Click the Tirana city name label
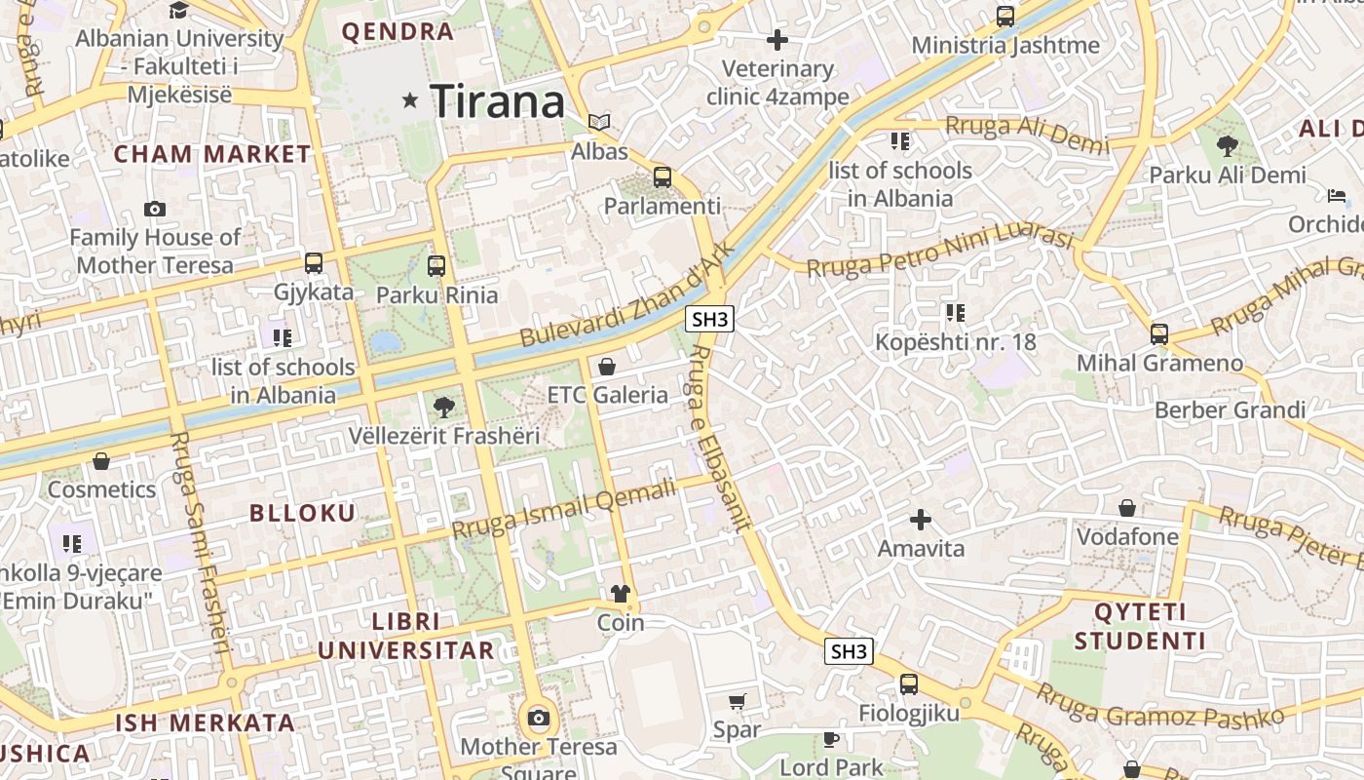coord(497,101)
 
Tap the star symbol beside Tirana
coord(411,99)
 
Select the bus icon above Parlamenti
coord(663,177)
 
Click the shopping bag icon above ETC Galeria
coord(607,367)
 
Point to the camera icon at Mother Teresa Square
coord(538,719)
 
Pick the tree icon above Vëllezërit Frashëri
coord(443,407)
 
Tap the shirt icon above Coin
coord(621,594)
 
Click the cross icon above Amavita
coord(921,520)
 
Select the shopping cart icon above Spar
coord(738,701)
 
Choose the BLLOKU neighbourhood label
coord(303,513)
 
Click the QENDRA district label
coord(398,31)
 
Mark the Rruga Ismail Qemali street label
coord(564,510)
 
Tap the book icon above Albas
coord(599,122)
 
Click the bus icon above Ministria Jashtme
coord(1005,17)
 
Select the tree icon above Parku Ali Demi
coord(1227,147)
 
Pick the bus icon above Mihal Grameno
coord(1159,334)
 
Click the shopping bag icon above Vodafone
coord(1127,508)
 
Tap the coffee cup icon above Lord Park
coord(831,739)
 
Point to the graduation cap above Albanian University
coord(179,11)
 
